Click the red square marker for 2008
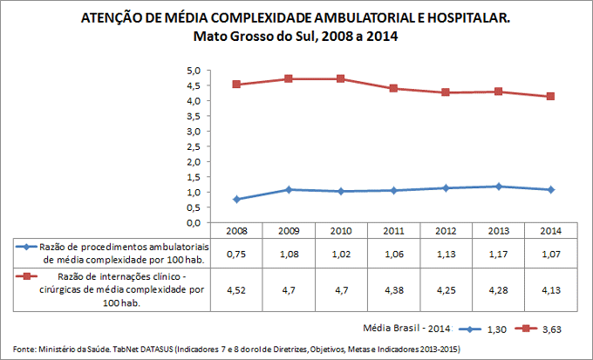click(236, 85)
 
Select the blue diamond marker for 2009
click(289, 189)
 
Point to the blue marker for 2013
click(499, 186)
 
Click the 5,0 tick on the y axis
click(194, 71)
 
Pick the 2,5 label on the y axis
click(194, 146)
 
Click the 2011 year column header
click(394, 231)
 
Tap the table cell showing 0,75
click(236, 254)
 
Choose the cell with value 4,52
click(236, 289)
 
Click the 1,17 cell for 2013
click(499, 254)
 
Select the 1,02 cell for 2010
click(341, 254)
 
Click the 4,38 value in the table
click(394, 289)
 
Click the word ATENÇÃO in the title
click(108, 17)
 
